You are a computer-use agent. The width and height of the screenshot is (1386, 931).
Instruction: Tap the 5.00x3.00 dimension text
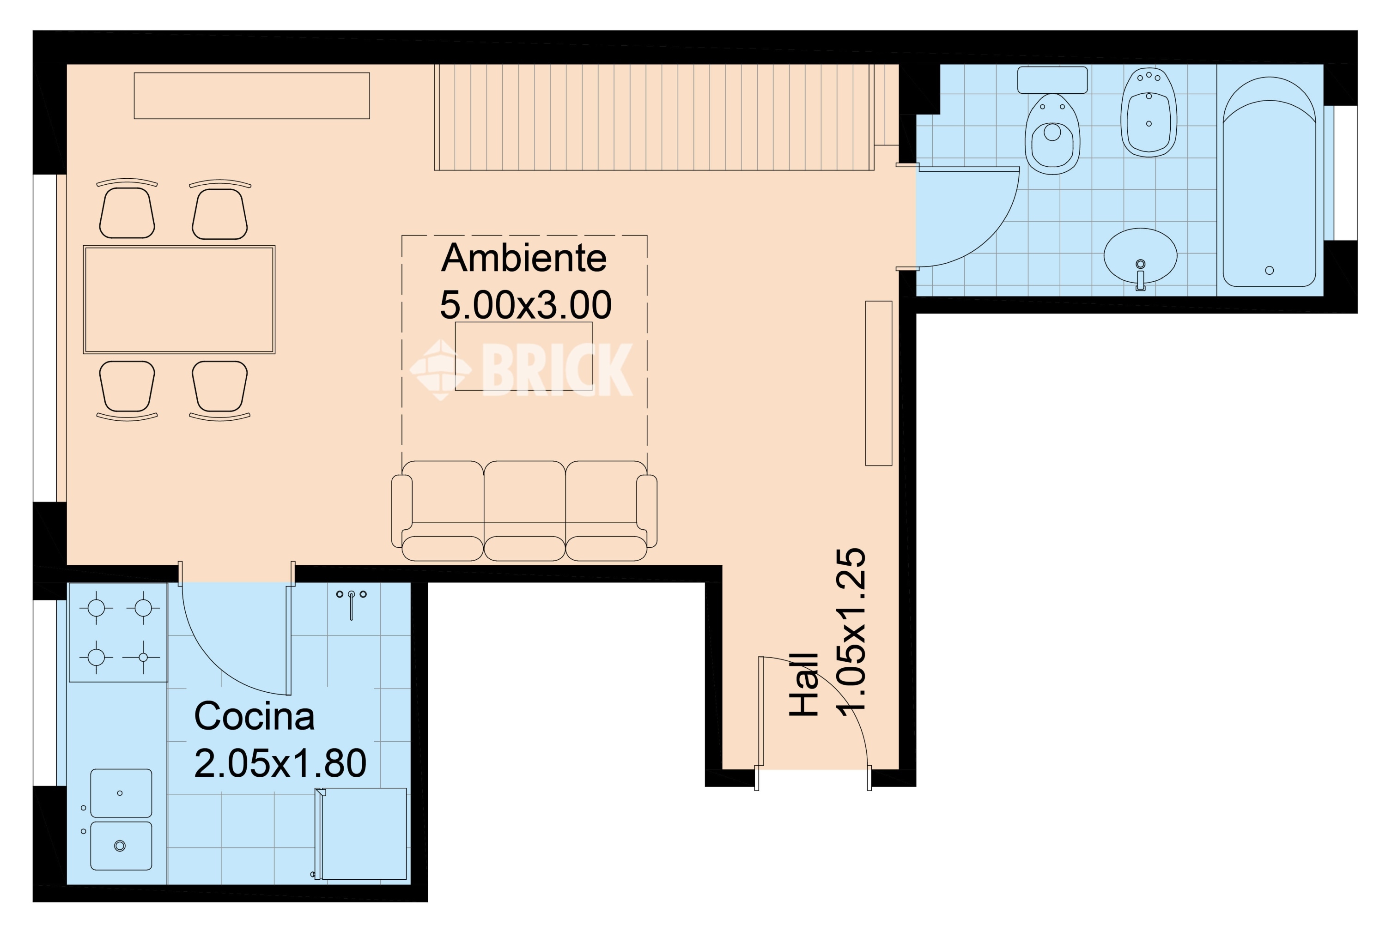(x=526, y=305)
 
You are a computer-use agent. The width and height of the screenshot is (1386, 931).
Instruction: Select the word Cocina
(x=254, y=716)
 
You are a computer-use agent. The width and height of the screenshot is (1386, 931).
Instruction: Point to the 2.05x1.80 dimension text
(x=280, y=763)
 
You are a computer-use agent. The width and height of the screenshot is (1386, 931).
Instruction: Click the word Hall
(x=804, y=684)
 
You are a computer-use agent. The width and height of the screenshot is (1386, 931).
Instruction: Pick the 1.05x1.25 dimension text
(x=851, y=631)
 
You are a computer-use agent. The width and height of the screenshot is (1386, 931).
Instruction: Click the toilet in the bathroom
(x=1052, y=133)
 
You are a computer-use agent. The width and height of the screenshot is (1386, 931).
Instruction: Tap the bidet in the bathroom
(x=1149, y=112)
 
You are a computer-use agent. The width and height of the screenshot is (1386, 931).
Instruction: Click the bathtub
(x=1269, y=181)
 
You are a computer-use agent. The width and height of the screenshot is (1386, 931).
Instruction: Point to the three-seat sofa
(x=524, y=511)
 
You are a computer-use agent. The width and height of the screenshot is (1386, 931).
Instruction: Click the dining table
(x=179, y=300)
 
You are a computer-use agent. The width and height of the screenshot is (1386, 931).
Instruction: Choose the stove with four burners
(x=118, y=632)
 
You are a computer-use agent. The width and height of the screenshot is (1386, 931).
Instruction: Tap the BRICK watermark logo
(x=522, y=369)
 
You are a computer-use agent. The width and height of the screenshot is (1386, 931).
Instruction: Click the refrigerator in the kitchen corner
(x=362, y=834)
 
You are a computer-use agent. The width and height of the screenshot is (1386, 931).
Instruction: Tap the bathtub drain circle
(x=1270, y=271)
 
